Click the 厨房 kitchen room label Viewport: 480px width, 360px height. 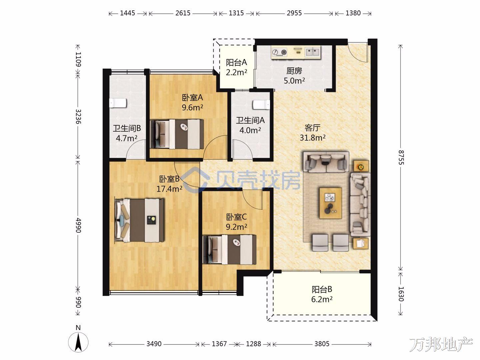294,71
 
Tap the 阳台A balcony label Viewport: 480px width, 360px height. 236,63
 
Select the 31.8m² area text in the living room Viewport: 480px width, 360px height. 312,138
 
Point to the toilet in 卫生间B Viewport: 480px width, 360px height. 118,103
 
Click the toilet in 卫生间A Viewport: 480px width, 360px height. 261,104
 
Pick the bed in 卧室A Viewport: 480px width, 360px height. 177,134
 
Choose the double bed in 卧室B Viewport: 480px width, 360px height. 140,220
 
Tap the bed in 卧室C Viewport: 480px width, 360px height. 230,250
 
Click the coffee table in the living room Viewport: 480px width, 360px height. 330,203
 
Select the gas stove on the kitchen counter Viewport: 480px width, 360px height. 279,52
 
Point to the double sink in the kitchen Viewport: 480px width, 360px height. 313,52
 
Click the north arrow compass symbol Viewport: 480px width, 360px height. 78,342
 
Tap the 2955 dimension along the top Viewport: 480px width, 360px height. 294,13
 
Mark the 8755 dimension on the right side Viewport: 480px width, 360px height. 401,157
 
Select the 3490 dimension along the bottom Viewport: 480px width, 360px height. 154,344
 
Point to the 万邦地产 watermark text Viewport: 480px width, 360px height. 441,345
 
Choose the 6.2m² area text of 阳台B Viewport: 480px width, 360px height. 322,299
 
